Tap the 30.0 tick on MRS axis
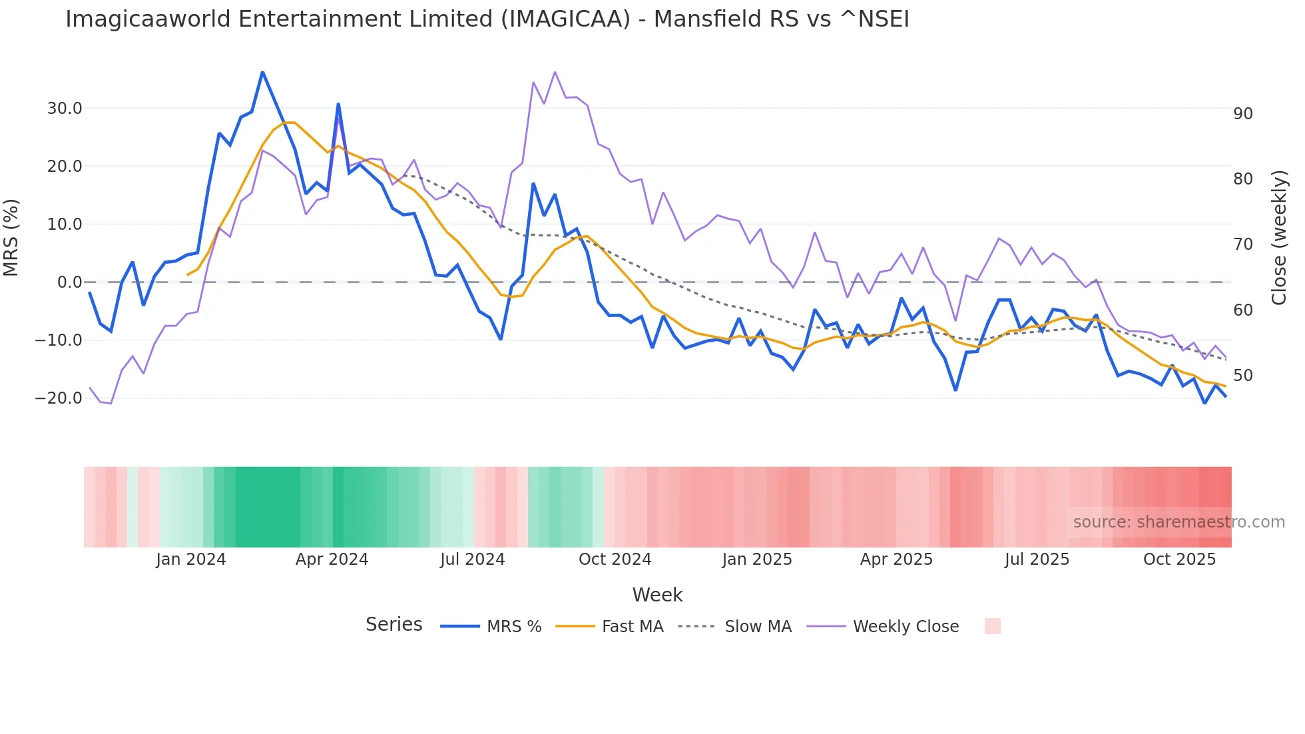(65, 109)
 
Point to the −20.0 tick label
(59, 398)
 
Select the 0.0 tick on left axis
(70, 282)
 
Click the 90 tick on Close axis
(1242, 114)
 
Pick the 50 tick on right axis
(1242, 376)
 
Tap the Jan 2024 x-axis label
(191, 559)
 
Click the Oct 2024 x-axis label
(615, 559)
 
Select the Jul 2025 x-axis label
(1037, 559)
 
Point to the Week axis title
(657, 595)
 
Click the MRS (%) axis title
(11, 238)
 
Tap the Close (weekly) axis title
(1278, 238)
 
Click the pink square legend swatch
(992, 626)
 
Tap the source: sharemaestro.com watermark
(1178, 522)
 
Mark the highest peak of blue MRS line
(262, 72)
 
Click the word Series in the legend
(393, 625)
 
